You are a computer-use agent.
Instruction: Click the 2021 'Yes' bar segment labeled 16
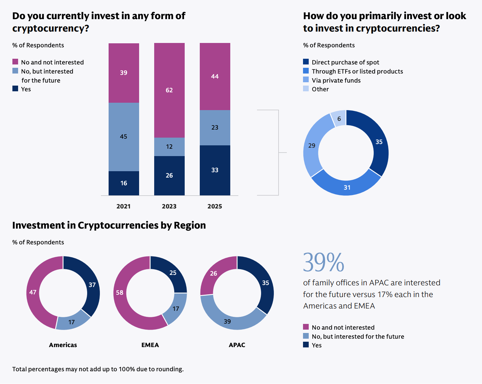pyautogui.click(x=124, y=183)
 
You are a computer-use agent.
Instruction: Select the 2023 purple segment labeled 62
pyautogui.click(x=169, y=90)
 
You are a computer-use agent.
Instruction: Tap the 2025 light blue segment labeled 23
pyautogui.click(x=215, y=128)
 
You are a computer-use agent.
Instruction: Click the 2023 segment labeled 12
pyautogui.click(x=169, y=147)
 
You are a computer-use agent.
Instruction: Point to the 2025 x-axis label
pyautogui.click(x=215, y=206)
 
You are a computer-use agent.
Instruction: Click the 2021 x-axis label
pyautogui.click(x=123, y=206)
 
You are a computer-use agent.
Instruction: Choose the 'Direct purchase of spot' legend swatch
pyautogui.click(x=306, y=62)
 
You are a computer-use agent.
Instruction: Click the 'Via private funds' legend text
pyautogui.click(x=336, y=80)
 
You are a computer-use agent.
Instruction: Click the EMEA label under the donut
pyautogui.click(x=150, y=345)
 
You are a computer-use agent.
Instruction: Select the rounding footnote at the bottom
pyautogui.click(x=98, y=369)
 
